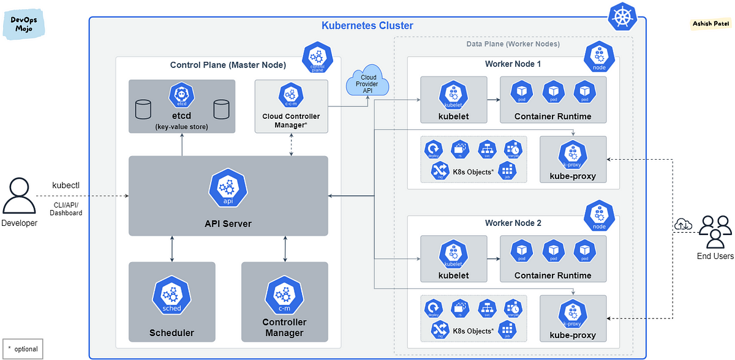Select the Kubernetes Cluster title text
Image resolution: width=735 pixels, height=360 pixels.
tap(367, 26)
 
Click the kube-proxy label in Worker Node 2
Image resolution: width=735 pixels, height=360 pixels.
tap(573, 336)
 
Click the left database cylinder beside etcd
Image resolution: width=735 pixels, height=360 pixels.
tap(143, 110)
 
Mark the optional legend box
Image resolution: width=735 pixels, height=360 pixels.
tap(23, 348)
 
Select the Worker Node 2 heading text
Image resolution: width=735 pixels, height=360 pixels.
tap(513, 223)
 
